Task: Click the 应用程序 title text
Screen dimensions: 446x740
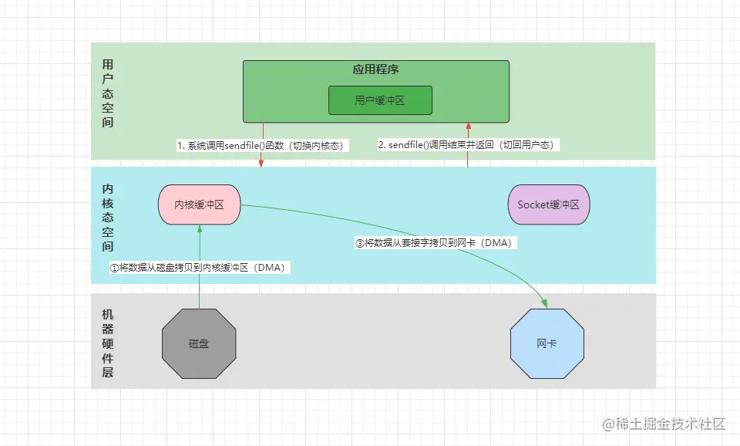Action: click(x=375, y=69)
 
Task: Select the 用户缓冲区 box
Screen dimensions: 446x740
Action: click(x=380, y=100)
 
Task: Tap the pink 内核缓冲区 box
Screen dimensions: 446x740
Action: click(x=199, y=204)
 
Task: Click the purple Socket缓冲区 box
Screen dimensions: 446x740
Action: click(x=549, y=204)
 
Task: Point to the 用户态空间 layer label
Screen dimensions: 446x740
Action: click(x=108, y=93)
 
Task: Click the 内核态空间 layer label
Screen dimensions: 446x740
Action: click(x=108, y=218)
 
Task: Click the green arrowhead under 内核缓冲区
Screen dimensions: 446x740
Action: click(x=199, y=229)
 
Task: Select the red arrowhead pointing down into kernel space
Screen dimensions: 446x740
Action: click(x=261, y=163)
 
